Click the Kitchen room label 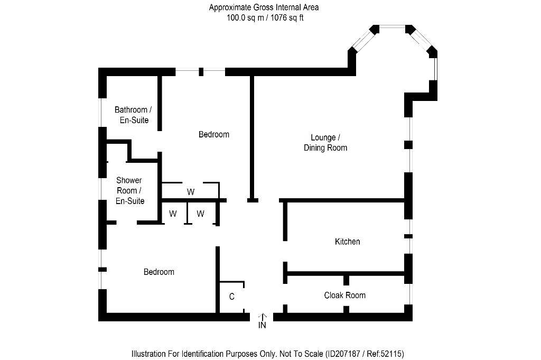click(347, 242)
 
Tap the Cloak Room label click(344, 295)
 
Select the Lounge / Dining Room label click(325, 143)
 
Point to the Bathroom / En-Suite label click(133, 115)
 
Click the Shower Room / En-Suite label click(129, 190)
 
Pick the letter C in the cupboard click(231, 297)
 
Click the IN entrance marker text click(262, 326)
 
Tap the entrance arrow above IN click(262, 316)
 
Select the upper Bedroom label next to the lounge click(213, 134)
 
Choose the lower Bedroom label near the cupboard click(159, 272)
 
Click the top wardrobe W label click(190, 191)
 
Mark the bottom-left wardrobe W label click(173, 214)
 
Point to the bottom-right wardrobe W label click(200, 214)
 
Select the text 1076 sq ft click(286, 17)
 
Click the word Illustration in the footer click(150, 353)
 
